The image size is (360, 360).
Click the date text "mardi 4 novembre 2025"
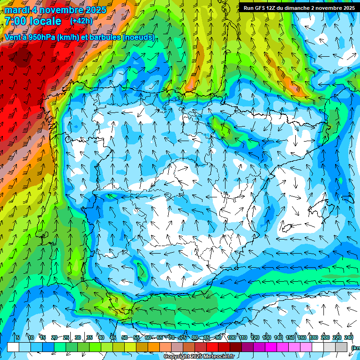pos(55,10)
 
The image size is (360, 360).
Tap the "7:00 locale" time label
pos(33,21)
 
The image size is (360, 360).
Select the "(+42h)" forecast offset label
pos(81,21)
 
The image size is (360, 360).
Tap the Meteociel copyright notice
pos(199,357)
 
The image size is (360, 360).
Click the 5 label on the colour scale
pos(18,337)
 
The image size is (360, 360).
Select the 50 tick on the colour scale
pos(124,337)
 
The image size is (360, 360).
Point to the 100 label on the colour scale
pos(232,337)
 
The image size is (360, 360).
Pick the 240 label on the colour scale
pos(349,337)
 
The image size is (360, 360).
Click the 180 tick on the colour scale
pos(314,337)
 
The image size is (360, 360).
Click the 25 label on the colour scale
pos(66,337)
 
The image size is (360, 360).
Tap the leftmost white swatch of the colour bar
pos(13,347)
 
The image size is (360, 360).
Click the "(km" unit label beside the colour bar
pos(355,347)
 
